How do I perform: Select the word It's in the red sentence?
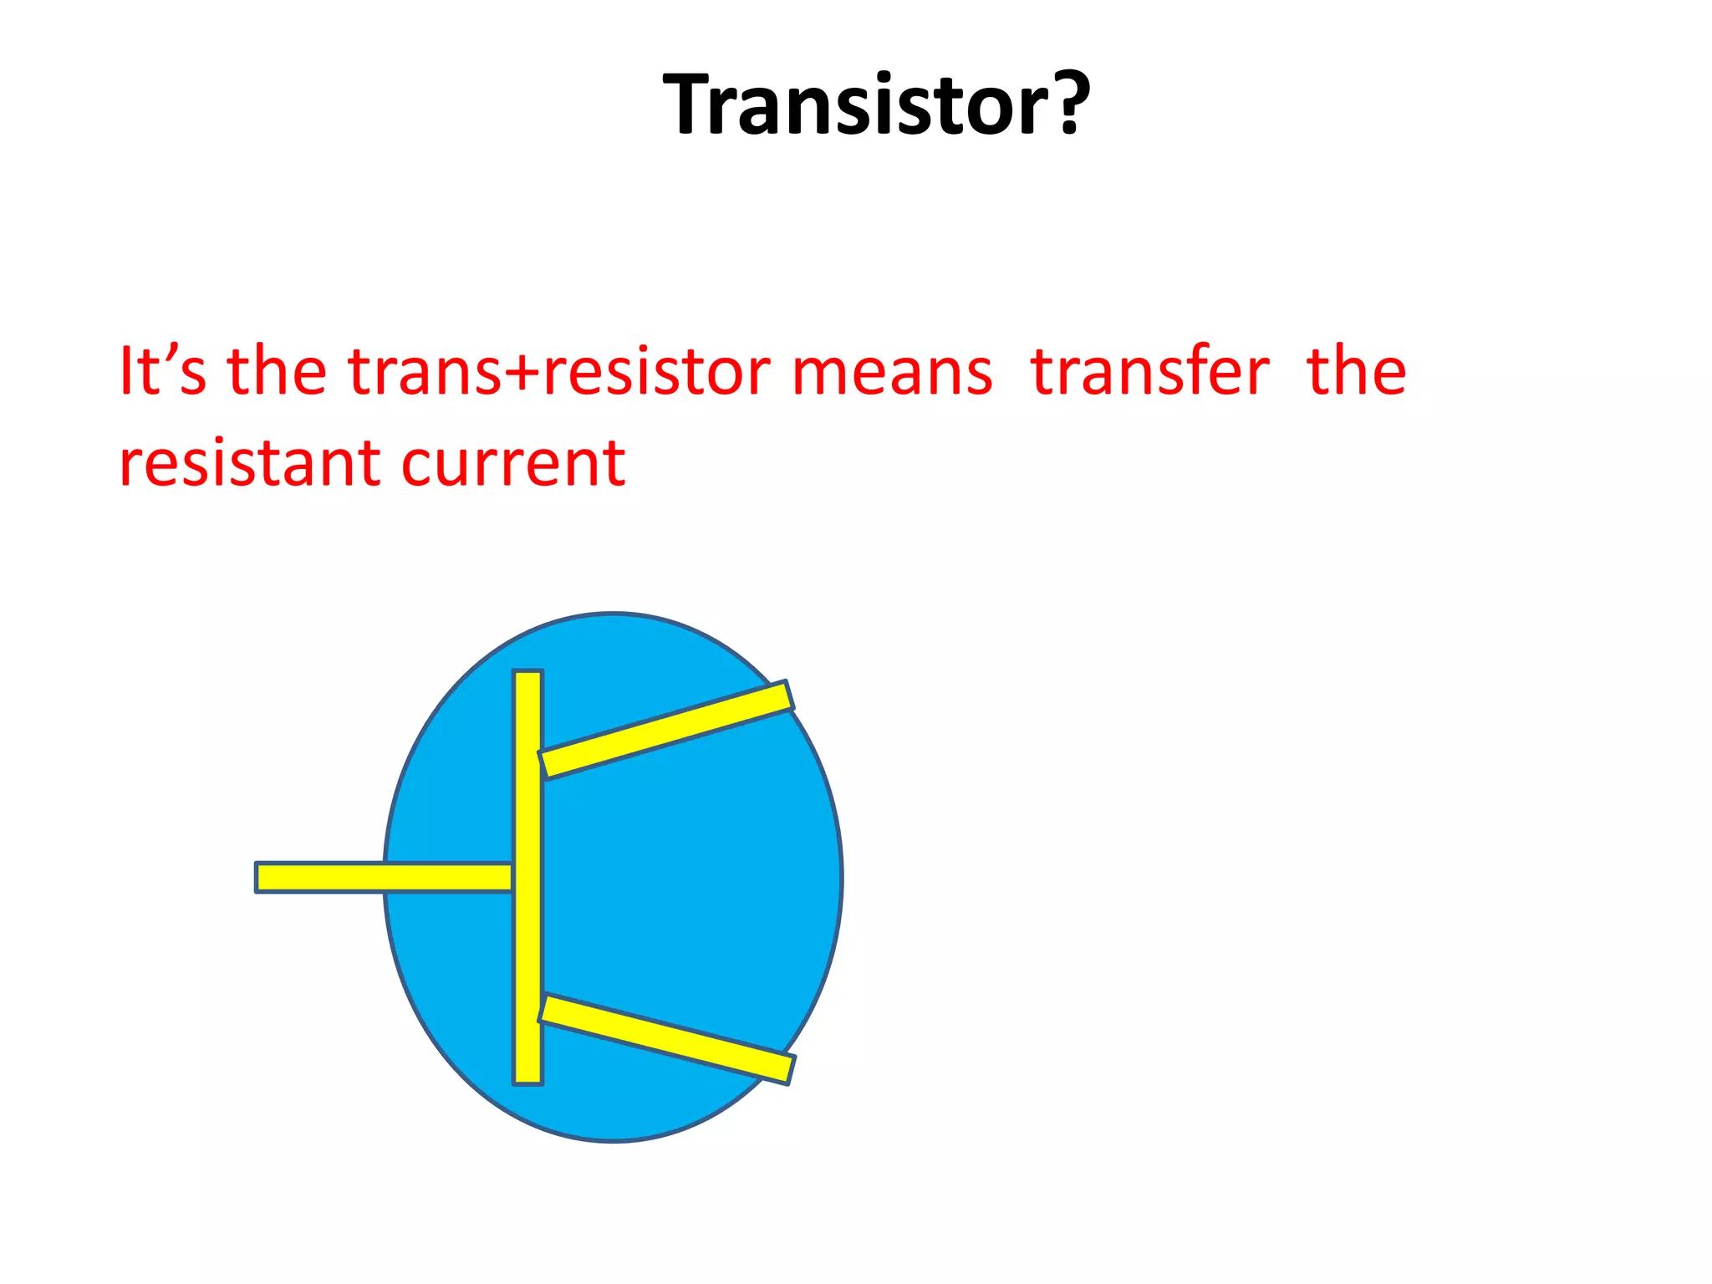[162, 370]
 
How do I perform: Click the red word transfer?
[1149, 370]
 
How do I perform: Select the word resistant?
[252, 463]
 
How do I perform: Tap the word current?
[513, 463]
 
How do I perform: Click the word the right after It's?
[277, 370]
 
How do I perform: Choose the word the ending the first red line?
[1356, 370]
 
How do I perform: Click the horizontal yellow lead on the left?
[384, 877]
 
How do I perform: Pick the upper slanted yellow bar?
[665, 729]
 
